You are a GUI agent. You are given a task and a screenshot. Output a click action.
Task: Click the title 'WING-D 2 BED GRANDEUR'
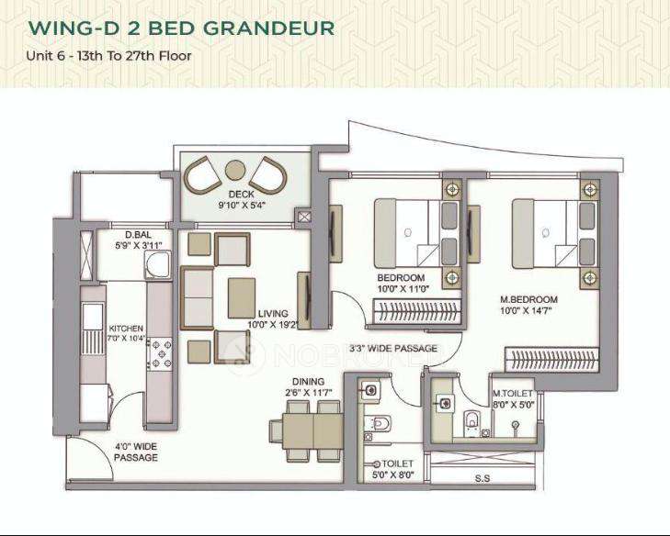pyautogui.click(x=181, y=28)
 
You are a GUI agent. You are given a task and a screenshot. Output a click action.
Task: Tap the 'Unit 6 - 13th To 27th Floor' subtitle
pyautogui.click(x=109, y=55)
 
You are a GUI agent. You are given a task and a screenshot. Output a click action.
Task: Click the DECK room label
pyautogui.click(x=242, y=195)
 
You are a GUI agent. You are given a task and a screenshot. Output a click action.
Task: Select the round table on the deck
pyautogui.click(x=236, y=171)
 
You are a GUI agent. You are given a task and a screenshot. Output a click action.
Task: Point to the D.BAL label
pyautogui.click(x=126, y=234)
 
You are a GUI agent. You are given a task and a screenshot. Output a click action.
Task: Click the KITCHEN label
pyautogui.click(x=126, y=328)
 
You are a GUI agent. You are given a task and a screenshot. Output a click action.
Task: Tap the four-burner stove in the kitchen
pyautogui.click(x=161, y=354)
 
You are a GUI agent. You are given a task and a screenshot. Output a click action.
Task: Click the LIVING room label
pyautogui.click(x=273, y=313)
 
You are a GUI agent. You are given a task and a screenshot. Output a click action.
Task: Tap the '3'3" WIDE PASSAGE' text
pyautogui.click(x=393, y=349)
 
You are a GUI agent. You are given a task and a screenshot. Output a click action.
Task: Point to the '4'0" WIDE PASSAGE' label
pyautogui.click(x=135, y=451)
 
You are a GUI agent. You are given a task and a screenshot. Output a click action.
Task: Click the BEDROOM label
pyautogui.click(x=401, y=277)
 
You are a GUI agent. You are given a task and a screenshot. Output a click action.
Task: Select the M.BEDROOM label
pyautogui.click(x=528, y=299)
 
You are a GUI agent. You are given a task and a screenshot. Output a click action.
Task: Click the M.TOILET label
pyautogui.click(x=513, y=394)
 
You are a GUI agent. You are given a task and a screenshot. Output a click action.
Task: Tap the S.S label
pyautogui.click(x=482, y=477)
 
